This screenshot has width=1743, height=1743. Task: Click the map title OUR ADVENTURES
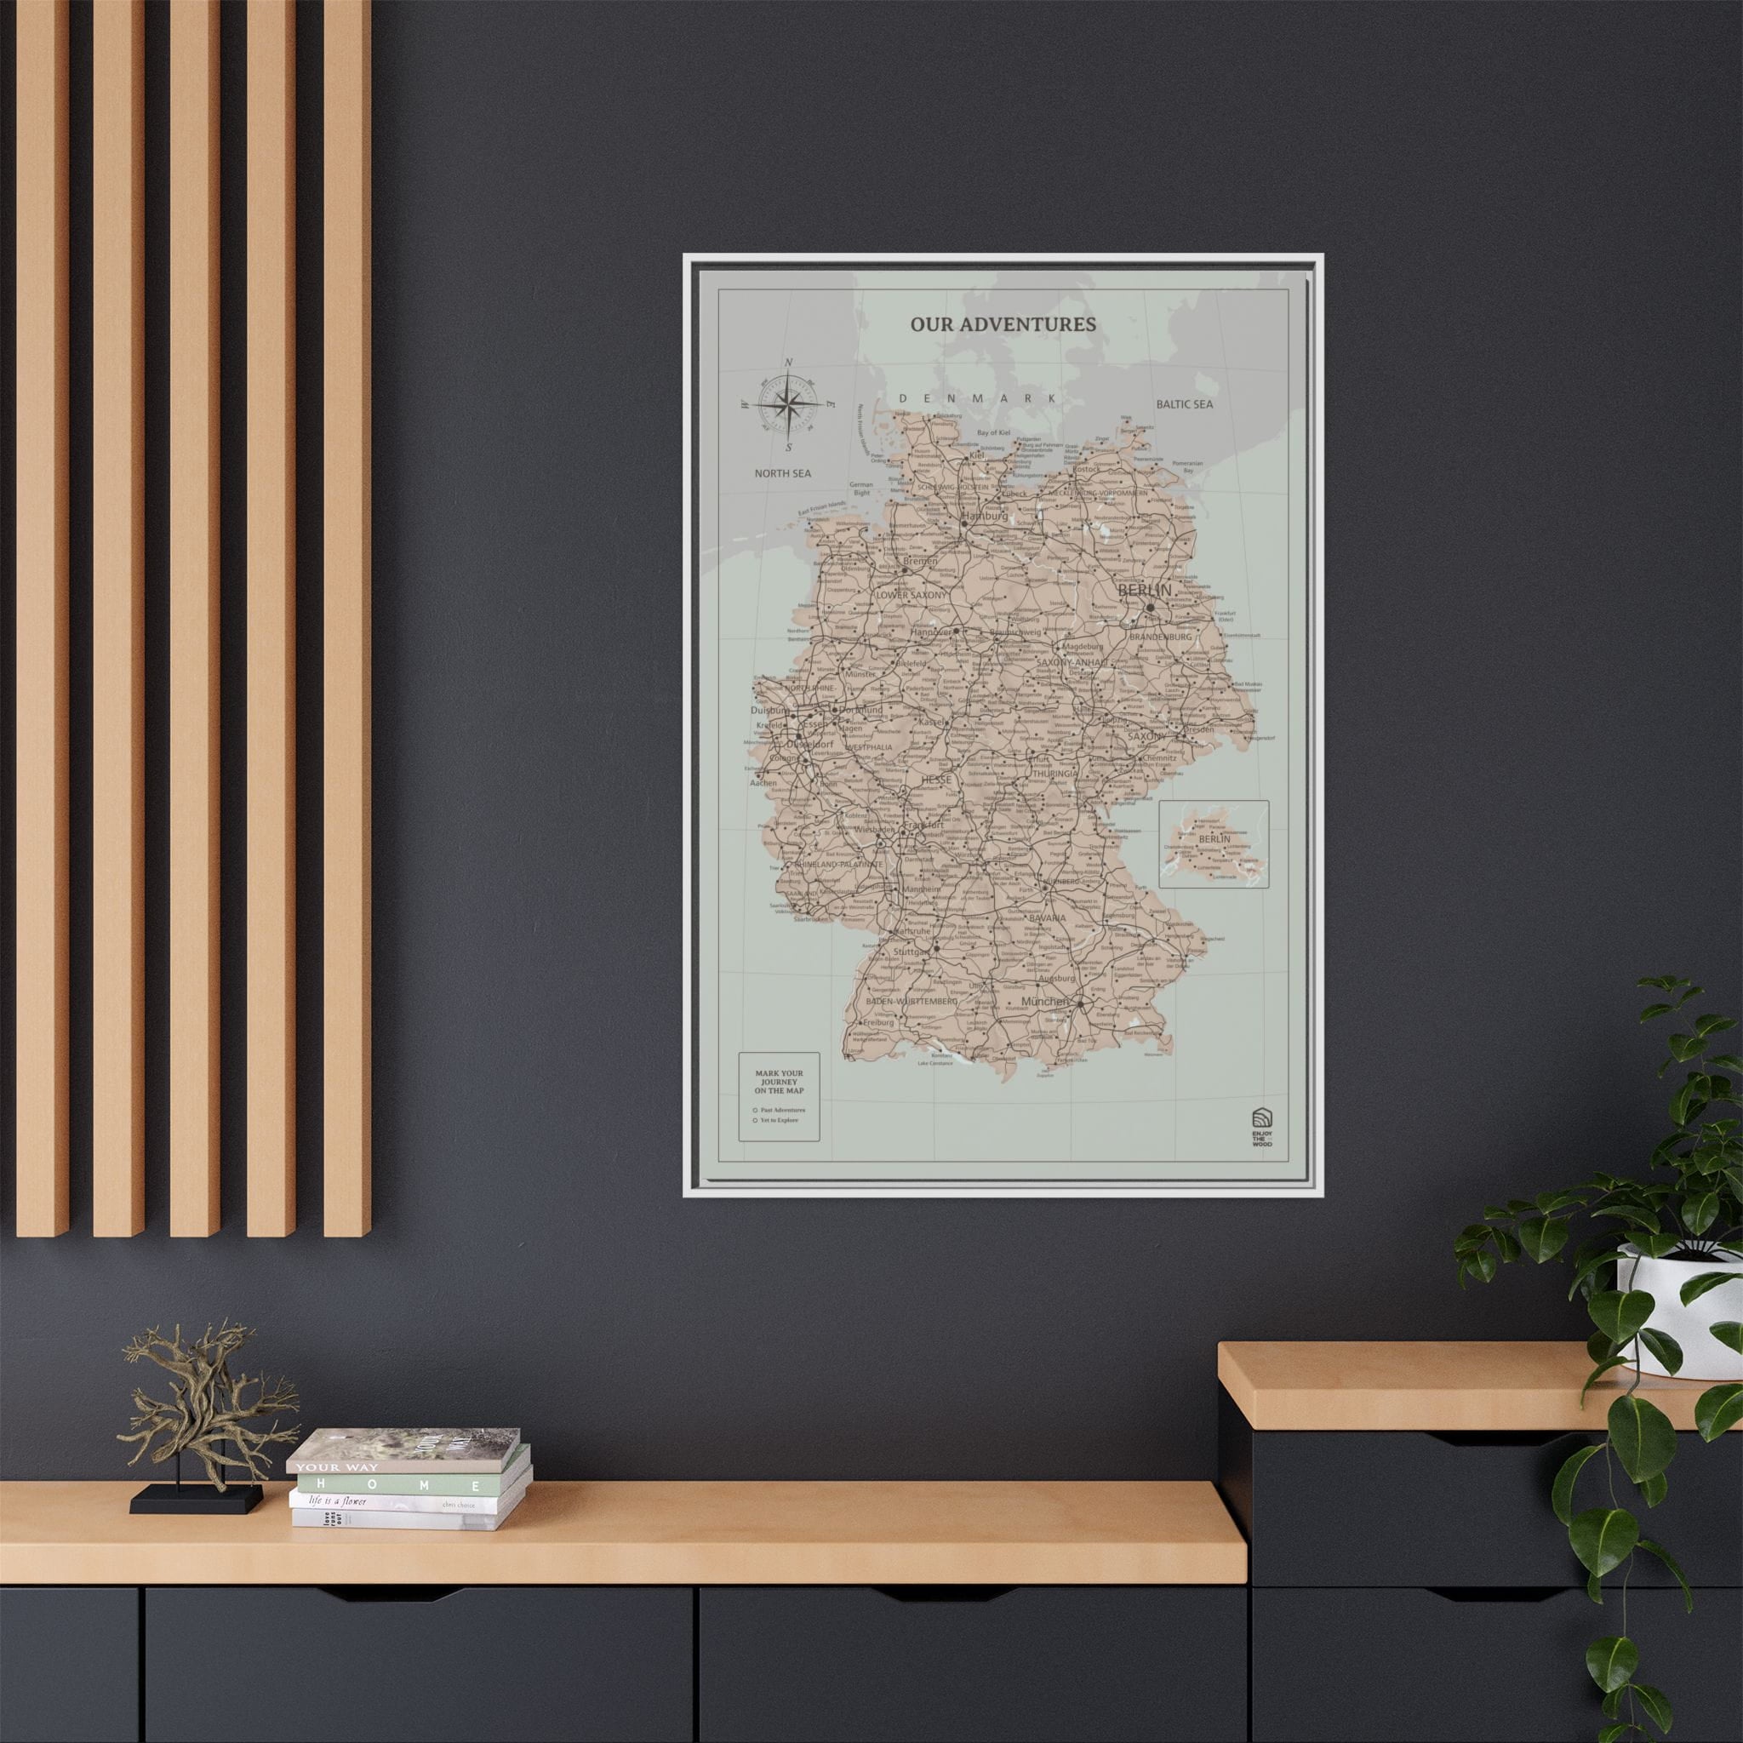(1003, 324)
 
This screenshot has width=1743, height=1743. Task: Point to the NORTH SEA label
(783, 472)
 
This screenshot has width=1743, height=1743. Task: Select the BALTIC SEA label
(1185, 404)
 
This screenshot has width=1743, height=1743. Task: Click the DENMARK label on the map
(978, 397)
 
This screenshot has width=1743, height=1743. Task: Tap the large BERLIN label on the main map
(1143, 590)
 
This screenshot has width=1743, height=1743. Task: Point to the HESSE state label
(936, 780)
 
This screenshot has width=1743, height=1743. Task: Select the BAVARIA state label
(1048, 917)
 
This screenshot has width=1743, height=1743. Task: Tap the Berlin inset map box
(1214, 843)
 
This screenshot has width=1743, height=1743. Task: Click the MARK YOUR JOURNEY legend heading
(780, 1082)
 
